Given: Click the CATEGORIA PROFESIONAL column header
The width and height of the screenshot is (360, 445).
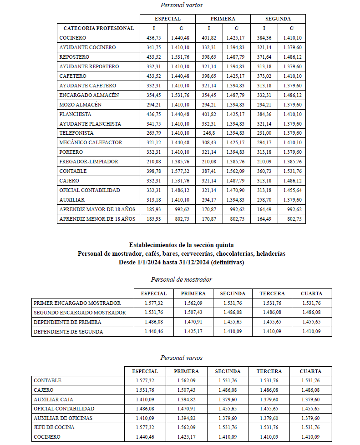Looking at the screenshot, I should pos(98,28).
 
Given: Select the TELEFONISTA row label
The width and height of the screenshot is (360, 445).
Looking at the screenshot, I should pos(76,133).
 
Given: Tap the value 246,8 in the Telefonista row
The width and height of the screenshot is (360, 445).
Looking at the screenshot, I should pos(209,133).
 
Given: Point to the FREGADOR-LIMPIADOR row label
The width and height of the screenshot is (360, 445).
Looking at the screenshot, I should pos(89,162).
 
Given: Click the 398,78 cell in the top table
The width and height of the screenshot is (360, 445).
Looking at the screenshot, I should pos(153,171).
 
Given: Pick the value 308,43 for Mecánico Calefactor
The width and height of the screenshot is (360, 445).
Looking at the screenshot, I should pos(209,142).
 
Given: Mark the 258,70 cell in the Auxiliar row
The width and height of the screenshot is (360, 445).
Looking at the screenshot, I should pos(264,200).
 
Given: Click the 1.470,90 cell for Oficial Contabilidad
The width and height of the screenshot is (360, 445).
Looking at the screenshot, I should pos(236,190).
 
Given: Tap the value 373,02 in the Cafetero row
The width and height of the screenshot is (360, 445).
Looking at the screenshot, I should pos(264,76).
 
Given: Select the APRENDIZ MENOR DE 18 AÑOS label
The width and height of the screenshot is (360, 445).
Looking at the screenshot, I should pos(97,219).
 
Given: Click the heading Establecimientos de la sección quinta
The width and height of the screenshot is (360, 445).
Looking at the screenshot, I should pos(181,245).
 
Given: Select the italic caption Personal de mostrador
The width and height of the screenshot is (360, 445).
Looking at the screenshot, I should pos(181,280).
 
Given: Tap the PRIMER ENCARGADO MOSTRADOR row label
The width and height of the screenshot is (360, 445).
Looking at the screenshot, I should pos(77,303).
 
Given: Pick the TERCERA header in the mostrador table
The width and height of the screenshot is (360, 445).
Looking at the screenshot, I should pos(272,293).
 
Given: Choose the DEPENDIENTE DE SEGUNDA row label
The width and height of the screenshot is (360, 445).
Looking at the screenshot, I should pos(68,332).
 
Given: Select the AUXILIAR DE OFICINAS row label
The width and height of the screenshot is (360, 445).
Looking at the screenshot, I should pos(63,418).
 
